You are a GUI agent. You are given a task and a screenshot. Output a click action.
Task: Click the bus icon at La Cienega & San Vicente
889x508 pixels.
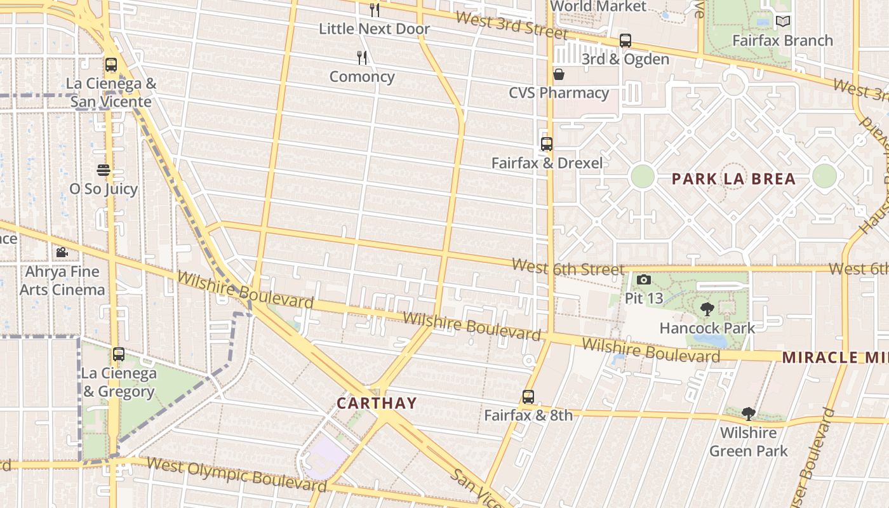[x=111, y=65]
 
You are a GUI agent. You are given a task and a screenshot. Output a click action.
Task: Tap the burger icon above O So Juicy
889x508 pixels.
[x=104, y=170]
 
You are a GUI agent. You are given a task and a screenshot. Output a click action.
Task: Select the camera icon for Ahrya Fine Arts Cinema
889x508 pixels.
[x=62, y=253]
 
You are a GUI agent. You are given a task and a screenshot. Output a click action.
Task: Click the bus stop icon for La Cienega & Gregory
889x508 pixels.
[x=119, y=354]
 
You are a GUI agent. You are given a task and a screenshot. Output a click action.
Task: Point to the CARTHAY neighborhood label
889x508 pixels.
[x=377, y=403]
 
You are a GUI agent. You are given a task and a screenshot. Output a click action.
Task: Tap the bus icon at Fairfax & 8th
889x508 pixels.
[x=528, y=398]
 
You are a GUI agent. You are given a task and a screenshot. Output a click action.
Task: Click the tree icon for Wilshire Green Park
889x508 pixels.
[x=749, y=415]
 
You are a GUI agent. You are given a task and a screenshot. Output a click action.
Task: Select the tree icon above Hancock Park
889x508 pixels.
[x=707, y=310]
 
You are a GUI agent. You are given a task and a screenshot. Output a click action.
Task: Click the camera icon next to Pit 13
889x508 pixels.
[x=643, y=280]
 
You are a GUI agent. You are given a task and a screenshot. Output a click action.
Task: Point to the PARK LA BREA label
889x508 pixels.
[x=733, y=179]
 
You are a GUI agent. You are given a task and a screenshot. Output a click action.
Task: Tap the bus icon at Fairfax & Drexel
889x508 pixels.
[x=547, y=144]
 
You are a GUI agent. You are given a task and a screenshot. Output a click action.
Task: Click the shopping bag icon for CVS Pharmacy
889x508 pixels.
[x=559, y=75]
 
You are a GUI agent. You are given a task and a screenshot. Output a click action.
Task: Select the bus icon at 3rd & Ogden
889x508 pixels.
[x=625, y=41]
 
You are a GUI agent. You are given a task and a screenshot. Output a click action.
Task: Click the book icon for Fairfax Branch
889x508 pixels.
[x=783, y=22]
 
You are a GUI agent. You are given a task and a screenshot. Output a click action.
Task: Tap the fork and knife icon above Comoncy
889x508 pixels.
[x=362, y=58]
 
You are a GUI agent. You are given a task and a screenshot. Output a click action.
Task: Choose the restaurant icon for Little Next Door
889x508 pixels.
[x=375, y=10]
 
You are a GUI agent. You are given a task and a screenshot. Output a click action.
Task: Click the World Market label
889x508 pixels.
[x=598, y=6]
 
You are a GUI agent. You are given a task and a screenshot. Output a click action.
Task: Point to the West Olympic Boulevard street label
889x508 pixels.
[x=236, y=473]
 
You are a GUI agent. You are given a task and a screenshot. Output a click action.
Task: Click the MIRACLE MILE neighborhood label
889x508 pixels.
[x=835, y=358]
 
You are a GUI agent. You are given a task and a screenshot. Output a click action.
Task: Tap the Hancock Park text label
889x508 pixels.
[x=707, y=328]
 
